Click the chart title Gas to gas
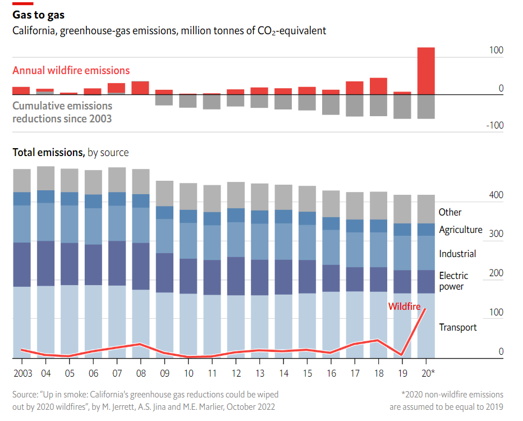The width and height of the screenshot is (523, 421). pyautogui.click(x=38, y=15)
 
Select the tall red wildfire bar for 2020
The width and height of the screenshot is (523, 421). pyautogui.click(x=425, y=71)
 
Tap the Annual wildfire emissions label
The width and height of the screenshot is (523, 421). pyautogui.click(x=71, y=70)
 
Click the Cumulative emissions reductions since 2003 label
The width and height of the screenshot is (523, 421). pyautogui.click(x=62, y=112)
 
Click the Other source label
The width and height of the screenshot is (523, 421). pyautogui.click(x=450, y=212)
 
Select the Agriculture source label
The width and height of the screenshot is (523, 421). pyautogui.click(x=460, y=230)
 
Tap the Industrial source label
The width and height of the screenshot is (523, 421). pyautogui.click(x=457, y=254)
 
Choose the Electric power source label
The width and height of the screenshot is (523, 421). pyautogui.click(x=453, y=281)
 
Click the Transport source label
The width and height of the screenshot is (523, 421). pyautogui.click(x=457, y=327)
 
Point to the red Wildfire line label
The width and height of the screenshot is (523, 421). pyautogui.click(x=405, y=306)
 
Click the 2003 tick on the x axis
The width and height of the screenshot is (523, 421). pyautogui.click(x=22, y=373)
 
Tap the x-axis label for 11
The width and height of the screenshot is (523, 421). pyautogui.click(x=212, y=373)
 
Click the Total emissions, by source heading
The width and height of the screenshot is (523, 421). pyautogui.click(x=70, y=152)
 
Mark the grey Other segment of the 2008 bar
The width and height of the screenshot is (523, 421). pyautogui.click(x=140, y=181)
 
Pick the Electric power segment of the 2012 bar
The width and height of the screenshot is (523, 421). pyautogui.click(x=236, y=276)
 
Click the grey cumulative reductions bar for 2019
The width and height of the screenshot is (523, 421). pyautogui.click(x=402, y=107)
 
